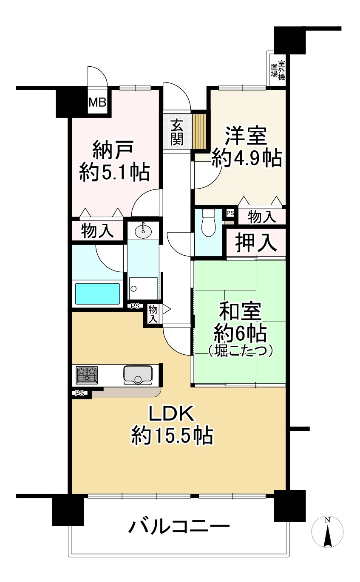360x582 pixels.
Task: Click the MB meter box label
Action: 97,103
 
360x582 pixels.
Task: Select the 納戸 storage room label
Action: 113,150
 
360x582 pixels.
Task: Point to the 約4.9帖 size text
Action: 247,158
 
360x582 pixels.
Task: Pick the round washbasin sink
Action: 143,230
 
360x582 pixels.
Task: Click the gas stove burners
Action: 87,374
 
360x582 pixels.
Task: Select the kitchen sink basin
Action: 138,375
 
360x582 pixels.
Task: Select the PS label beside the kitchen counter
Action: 79,393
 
